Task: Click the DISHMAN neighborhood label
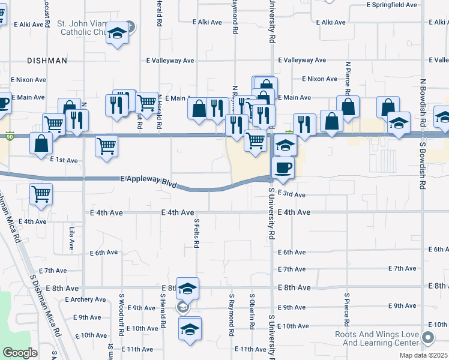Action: coord(47,61)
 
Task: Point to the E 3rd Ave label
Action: coord(292,194)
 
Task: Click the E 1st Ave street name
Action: coord(64,160)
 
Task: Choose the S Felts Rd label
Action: coord(196,233)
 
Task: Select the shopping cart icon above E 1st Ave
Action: coord(106,145)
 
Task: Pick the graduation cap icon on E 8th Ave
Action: coord(187,289)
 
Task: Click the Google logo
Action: coord(20,353)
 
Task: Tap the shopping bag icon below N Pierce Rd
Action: coord(348,107)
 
